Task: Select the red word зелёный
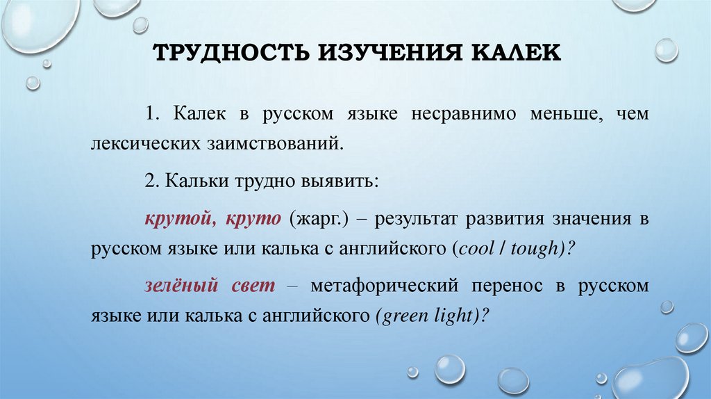(176, 285)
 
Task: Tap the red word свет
(253, 285)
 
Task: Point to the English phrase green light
(426, 315)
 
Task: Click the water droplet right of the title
(666, 49)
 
